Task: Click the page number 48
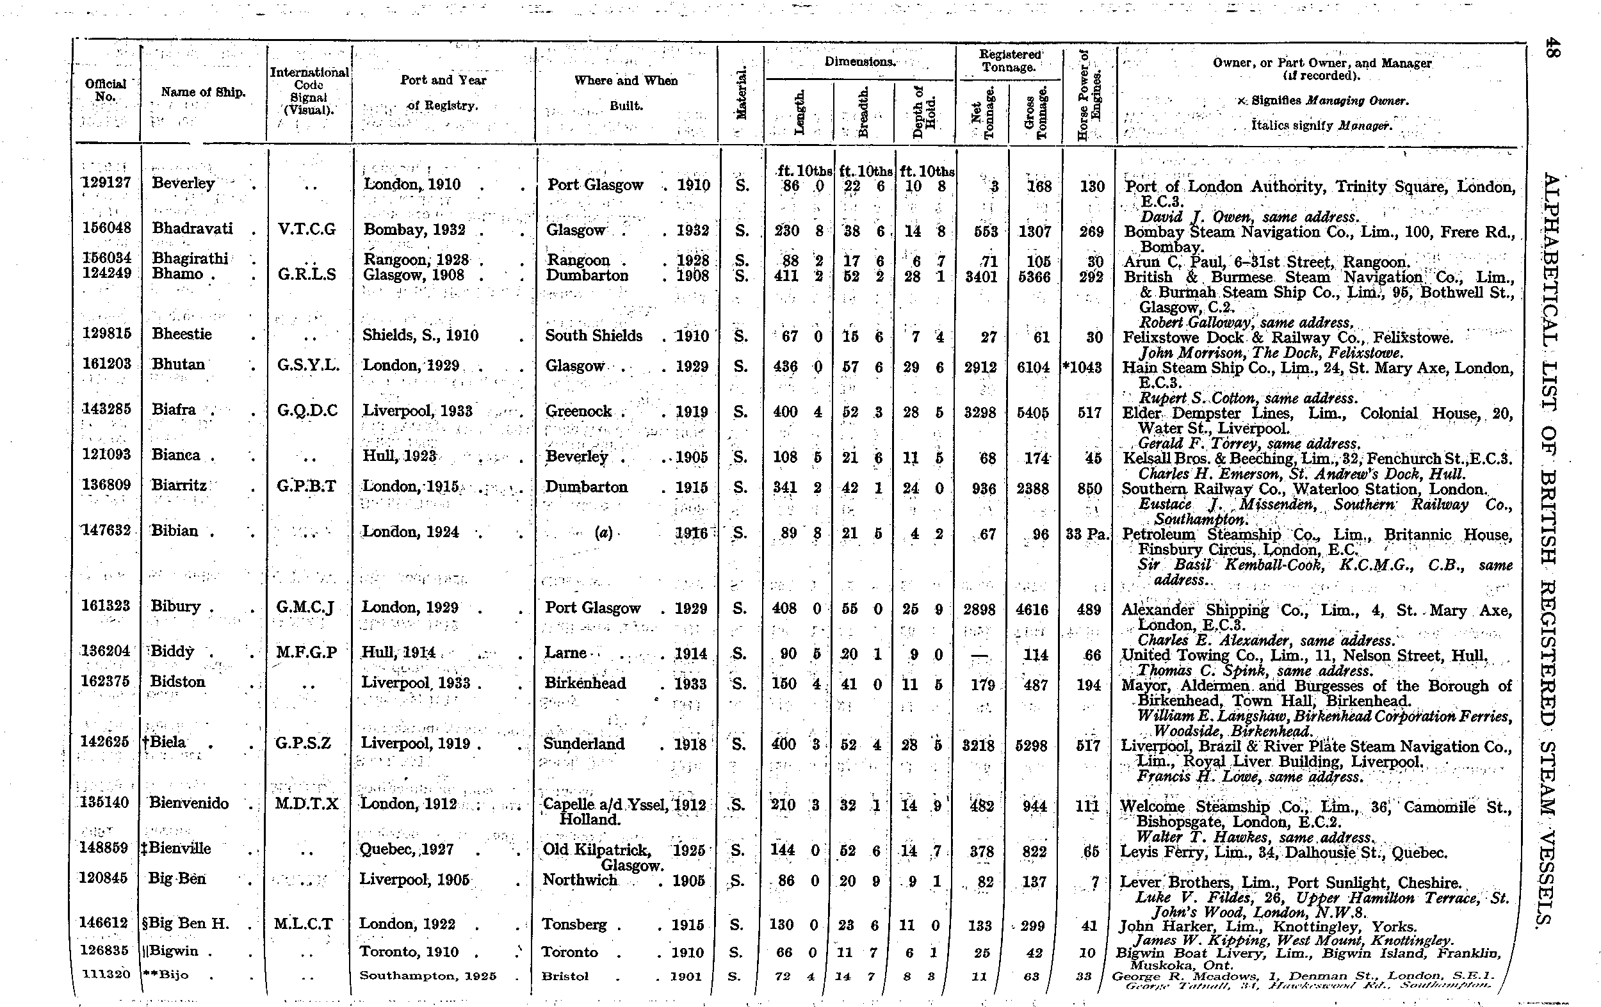click(x=1552, y=48)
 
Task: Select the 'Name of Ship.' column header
click(x=203, y=92)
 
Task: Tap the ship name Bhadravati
click(x=192, y=229)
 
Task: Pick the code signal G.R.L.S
click(x=307, y=275)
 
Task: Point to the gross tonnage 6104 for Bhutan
click(x=1033, y=367)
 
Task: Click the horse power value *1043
click(x=1084, y=367)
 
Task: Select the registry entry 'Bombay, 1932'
click(x=414, y=230)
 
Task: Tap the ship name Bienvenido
click(x=189, y=803)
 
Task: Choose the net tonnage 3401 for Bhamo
click(x=980, y=277)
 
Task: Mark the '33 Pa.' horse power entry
click(x=1087, y=533)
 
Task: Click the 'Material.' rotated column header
click(x=742, y=92)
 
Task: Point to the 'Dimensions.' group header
click(x=859, y=62)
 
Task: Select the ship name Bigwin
click(x=174, y=951)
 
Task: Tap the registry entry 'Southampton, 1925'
click(x=428, y=976)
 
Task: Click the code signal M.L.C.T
click(x=304, y=924)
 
